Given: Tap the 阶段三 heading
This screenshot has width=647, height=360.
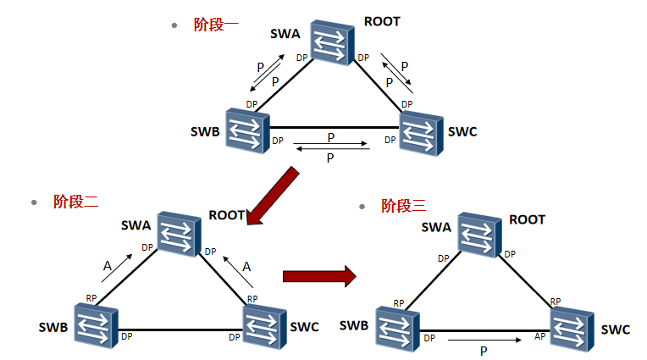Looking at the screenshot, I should coord(403,206).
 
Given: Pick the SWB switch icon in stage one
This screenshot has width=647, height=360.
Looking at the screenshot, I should coord(247,130).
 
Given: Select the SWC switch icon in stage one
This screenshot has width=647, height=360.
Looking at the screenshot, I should coord(420,132).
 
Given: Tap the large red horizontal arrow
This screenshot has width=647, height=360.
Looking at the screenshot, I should coord(317,275).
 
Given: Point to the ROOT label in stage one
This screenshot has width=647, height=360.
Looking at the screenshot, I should coord(381,20).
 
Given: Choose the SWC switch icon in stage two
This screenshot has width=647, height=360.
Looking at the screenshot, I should coord(265,326).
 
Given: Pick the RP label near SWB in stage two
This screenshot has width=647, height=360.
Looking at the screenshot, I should coord(91,298).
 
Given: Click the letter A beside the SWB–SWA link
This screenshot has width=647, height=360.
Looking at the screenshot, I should coord(108,265).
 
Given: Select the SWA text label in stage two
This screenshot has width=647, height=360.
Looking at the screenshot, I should coord(135,225).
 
